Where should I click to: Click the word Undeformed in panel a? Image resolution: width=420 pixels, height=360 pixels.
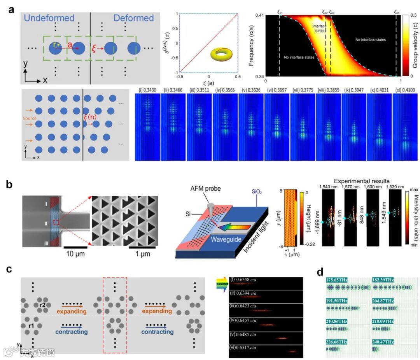pos(49,18)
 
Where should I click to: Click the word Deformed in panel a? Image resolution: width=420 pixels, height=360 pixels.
pos(133,18)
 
